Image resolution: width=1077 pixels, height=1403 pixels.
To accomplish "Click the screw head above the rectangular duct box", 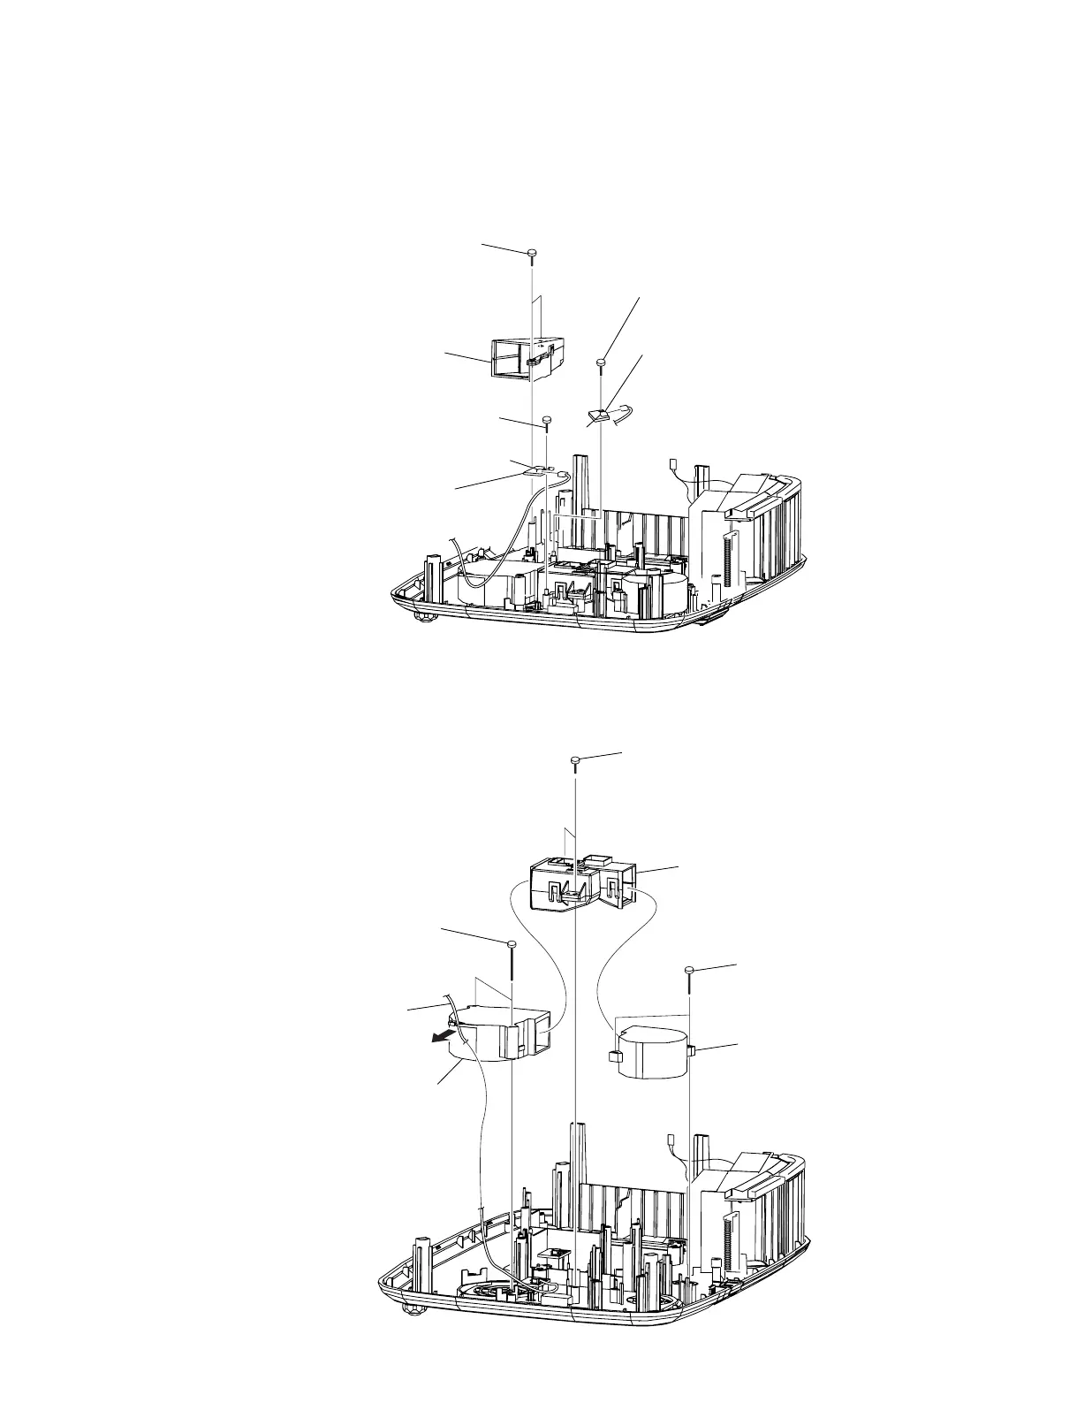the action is point(532,254).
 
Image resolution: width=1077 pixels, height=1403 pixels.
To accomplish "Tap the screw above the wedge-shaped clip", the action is point(601,362).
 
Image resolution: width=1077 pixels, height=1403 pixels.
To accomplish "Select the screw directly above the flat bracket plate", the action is point(547,420).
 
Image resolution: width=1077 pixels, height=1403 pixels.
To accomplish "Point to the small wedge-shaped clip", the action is point(597,414).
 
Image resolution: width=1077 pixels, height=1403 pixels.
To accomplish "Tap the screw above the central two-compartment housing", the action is point(575,759).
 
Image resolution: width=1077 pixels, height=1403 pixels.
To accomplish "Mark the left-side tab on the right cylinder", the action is point(611,1056).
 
